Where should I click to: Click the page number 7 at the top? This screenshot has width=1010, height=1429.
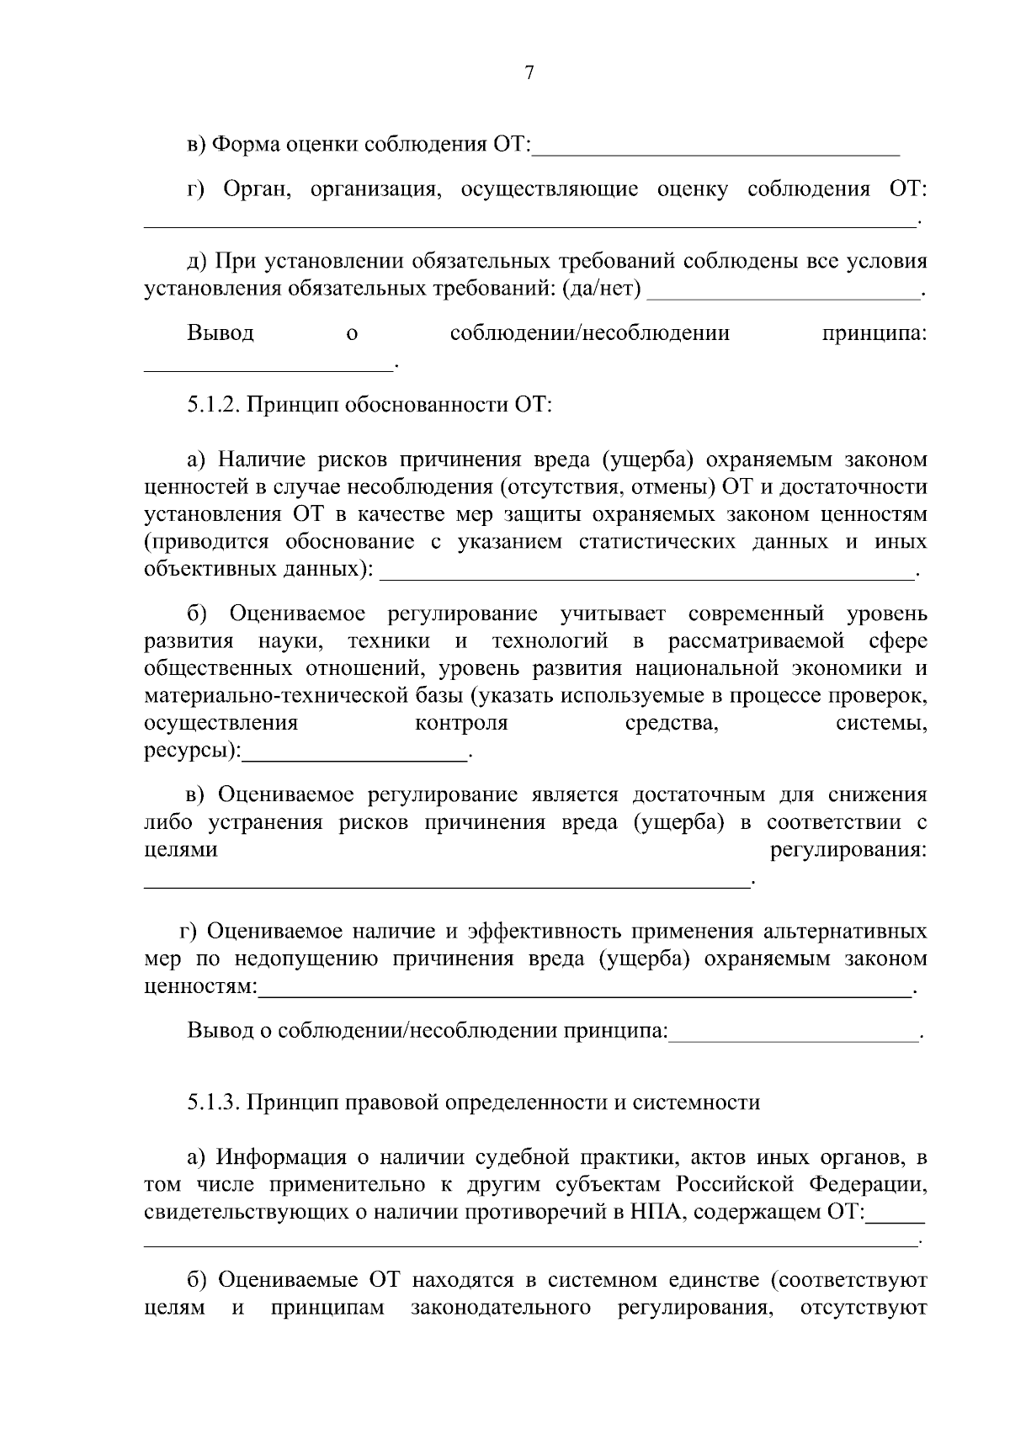point(529,73)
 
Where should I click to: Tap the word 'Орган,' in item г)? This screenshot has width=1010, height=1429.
point(257,189)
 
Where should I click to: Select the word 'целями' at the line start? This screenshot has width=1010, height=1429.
point(181,850)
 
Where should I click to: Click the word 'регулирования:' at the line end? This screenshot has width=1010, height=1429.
point(848,850)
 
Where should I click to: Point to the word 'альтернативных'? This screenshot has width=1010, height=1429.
point(844,932)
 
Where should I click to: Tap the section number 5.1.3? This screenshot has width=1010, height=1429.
point(214,1102)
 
